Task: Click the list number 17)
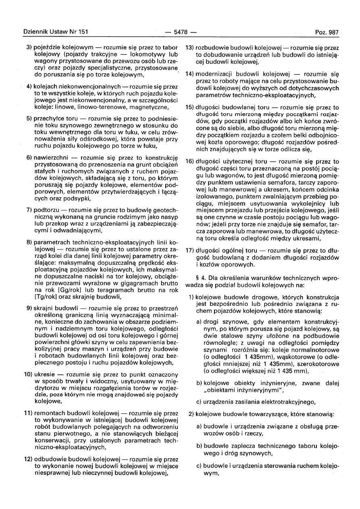190,250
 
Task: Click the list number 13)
190,48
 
